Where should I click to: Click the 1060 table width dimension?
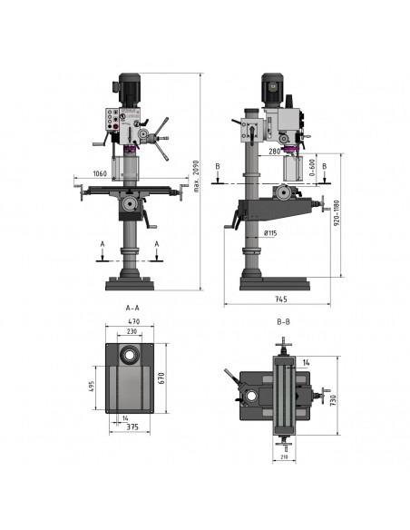pos(100,173)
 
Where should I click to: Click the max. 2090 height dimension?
pos(197,176)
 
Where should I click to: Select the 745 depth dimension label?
pos(280,299)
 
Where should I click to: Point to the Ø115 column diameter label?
pos(270,233)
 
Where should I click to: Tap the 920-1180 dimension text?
pos(337,213)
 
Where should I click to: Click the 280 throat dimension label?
pos(275,152)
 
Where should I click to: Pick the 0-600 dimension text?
pos(312,168)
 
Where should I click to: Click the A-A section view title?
pos(132,308)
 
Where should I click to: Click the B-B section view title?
pos(283,322)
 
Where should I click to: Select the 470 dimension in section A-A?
pos(134,321)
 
